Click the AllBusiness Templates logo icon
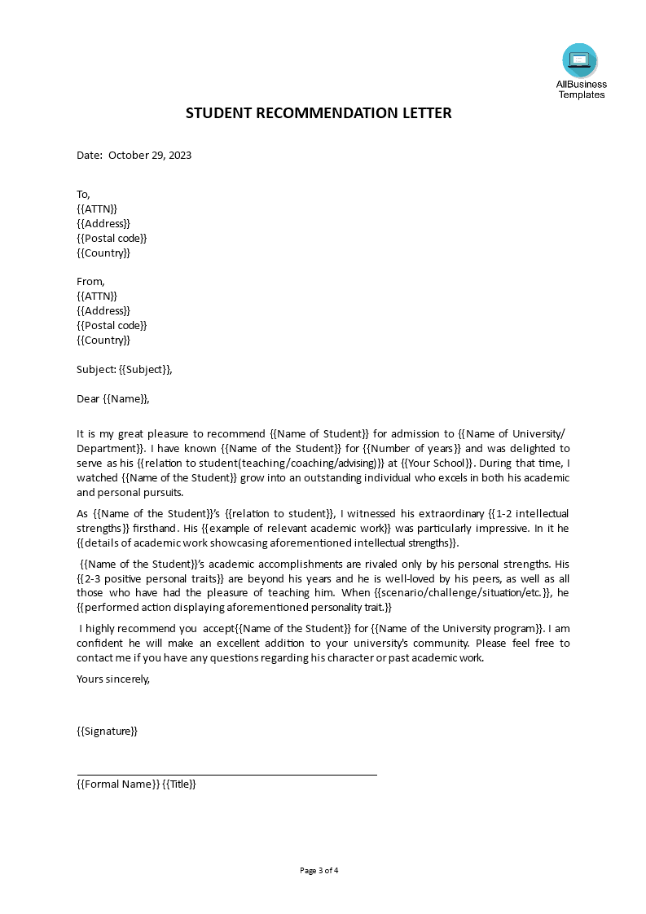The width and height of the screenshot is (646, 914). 579,60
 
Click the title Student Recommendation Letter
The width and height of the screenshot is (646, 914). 319,113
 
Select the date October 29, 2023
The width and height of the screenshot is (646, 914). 150,155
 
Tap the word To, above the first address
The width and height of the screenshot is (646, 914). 83,194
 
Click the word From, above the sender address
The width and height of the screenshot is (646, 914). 90,281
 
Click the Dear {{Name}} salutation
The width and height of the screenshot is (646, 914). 113,398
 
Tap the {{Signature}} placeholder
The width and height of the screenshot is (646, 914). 107,731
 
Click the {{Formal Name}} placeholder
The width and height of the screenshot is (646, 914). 117,784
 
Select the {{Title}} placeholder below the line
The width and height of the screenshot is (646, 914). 179,784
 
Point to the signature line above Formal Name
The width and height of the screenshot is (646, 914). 226,775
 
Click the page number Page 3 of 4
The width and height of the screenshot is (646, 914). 319,870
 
